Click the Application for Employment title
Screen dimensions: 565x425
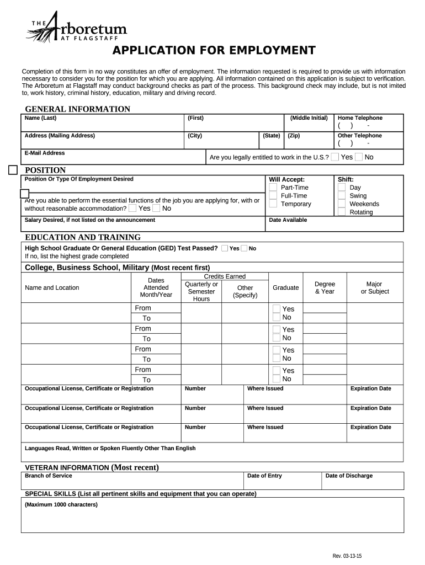pyautogui.click(x=214, y=51)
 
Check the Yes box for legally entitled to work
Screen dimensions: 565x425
pyautogui.click(x=335, y=157)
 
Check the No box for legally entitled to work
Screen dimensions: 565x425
pyautogui.click(x=359, y=157)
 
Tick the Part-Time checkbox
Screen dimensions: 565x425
pyautogui.click(x=273, y=188)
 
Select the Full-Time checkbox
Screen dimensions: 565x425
pyautogui.click(x=273, y=196)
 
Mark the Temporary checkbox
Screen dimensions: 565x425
pyautogui.click(x=273, y=204)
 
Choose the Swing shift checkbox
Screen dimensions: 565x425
pyautogui.click(x=342, y=196)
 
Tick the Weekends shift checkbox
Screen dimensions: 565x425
pyautogui.click(x=342, y=204)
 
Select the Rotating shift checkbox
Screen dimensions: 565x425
pyautogui.click(x=342, y=212)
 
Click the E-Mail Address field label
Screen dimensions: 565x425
pyautogui.click(x=45, y=153)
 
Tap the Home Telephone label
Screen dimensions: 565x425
pyautogui.click(x=360, y=118)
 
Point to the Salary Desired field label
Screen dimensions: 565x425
pyautogui.click(x=90, y=220)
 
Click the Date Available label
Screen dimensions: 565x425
pyautogui.click(x=288, y=220)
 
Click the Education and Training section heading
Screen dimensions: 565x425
pyautogui.click(x=83, y=237)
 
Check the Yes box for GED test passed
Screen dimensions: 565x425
pyautogui.click(x=225, y=248)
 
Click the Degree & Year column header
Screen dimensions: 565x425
pyautogui.click(x=325, y=287)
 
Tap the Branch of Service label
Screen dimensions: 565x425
pyautogui.click(x=49, y=476)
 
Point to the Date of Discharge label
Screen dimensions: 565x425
pyautogui.click(x=349, y=476)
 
